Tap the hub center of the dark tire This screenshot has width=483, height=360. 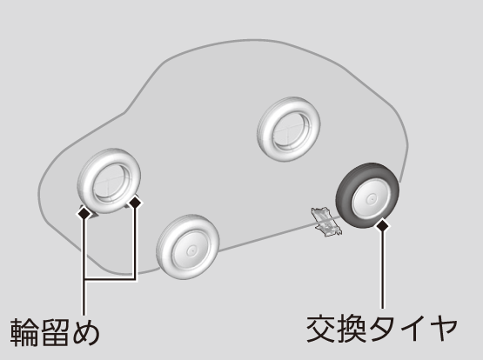tap(372, 199)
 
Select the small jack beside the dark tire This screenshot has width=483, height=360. tap(325, 222)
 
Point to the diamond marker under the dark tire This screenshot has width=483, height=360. tap(383, 226)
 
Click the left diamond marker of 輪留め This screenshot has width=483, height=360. tap(84, 213)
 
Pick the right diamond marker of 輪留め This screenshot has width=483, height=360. tap(135, 203)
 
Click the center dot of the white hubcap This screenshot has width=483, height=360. tap(191, 250)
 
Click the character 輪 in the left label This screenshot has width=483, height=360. tap(24, 332)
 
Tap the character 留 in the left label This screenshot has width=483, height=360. tap(55, 332)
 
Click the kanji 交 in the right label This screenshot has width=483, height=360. tap(320, 329)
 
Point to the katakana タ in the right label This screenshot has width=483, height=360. tap(381, 329)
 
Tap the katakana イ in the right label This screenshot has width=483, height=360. tap(412, 329)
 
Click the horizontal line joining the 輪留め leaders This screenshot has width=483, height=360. tap(110, 279)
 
